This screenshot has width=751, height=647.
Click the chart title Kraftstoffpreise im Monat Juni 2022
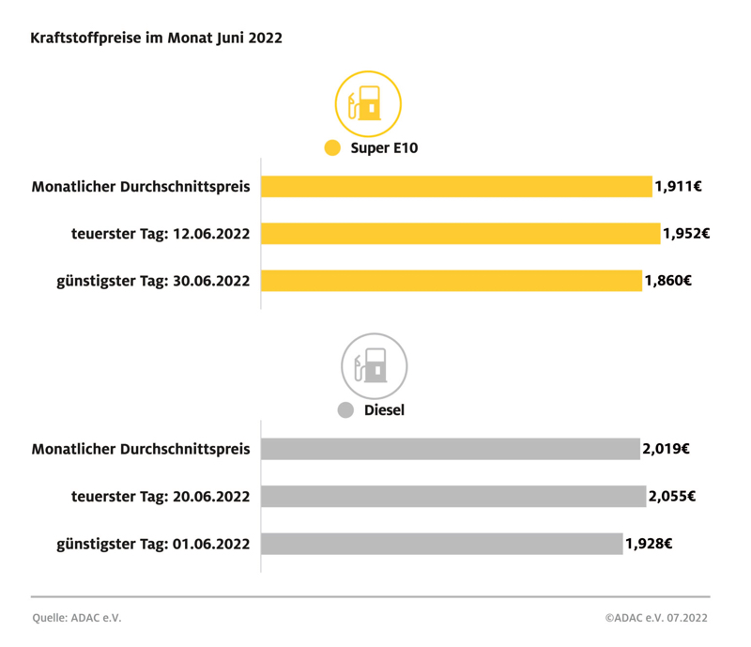pyautogui.click(x=156, y=39)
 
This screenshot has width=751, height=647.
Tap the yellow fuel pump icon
pyautogui.click(x=368, y=103)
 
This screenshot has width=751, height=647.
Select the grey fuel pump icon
pyautogui.click(x=373, y=366)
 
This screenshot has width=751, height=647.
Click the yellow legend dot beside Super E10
pyautogui.click(x=331, y=148)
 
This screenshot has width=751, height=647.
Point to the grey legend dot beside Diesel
pyautogui.click(x=345, y=410)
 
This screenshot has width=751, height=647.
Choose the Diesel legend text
pyautogui.click(x=383, y=410)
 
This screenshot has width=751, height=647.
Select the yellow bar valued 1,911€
pyautogui.click(x=456, y=186)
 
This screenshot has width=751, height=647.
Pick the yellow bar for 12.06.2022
pyautogui.click(x=460, y=233)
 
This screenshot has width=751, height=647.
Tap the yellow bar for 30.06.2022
pyautogui.click(x=452, y=280)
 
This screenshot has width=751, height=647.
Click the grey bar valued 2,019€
pyautogui.click(x=450, y=449)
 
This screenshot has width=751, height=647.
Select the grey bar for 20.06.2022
pyautogui.click(x=453, y=496)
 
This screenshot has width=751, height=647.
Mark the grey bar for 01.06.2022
pyautogui.click(x=441, y=543)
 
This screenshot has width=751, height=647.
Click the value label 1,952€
pyautogui.click(x=686, y=233)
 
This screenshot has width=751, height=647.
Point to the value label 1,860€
pyautogui.click(x=668, y=280)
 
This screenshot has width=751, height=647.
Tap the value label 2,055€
pyautogui.click(x=672, y=496)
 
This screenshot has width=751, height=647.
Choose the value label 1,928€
pyautogui.click(x=649, y=543)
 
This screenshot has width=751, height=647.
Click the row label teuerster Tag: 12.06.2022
pyautogui.click(x=161, y=233)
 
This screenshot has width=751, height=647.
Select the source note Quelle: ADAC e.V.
pyautogui.click(x=76, y=618)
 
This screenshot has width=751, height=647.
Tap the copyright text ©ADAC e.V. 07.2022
pyautogui.click(x=656, y=618)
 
